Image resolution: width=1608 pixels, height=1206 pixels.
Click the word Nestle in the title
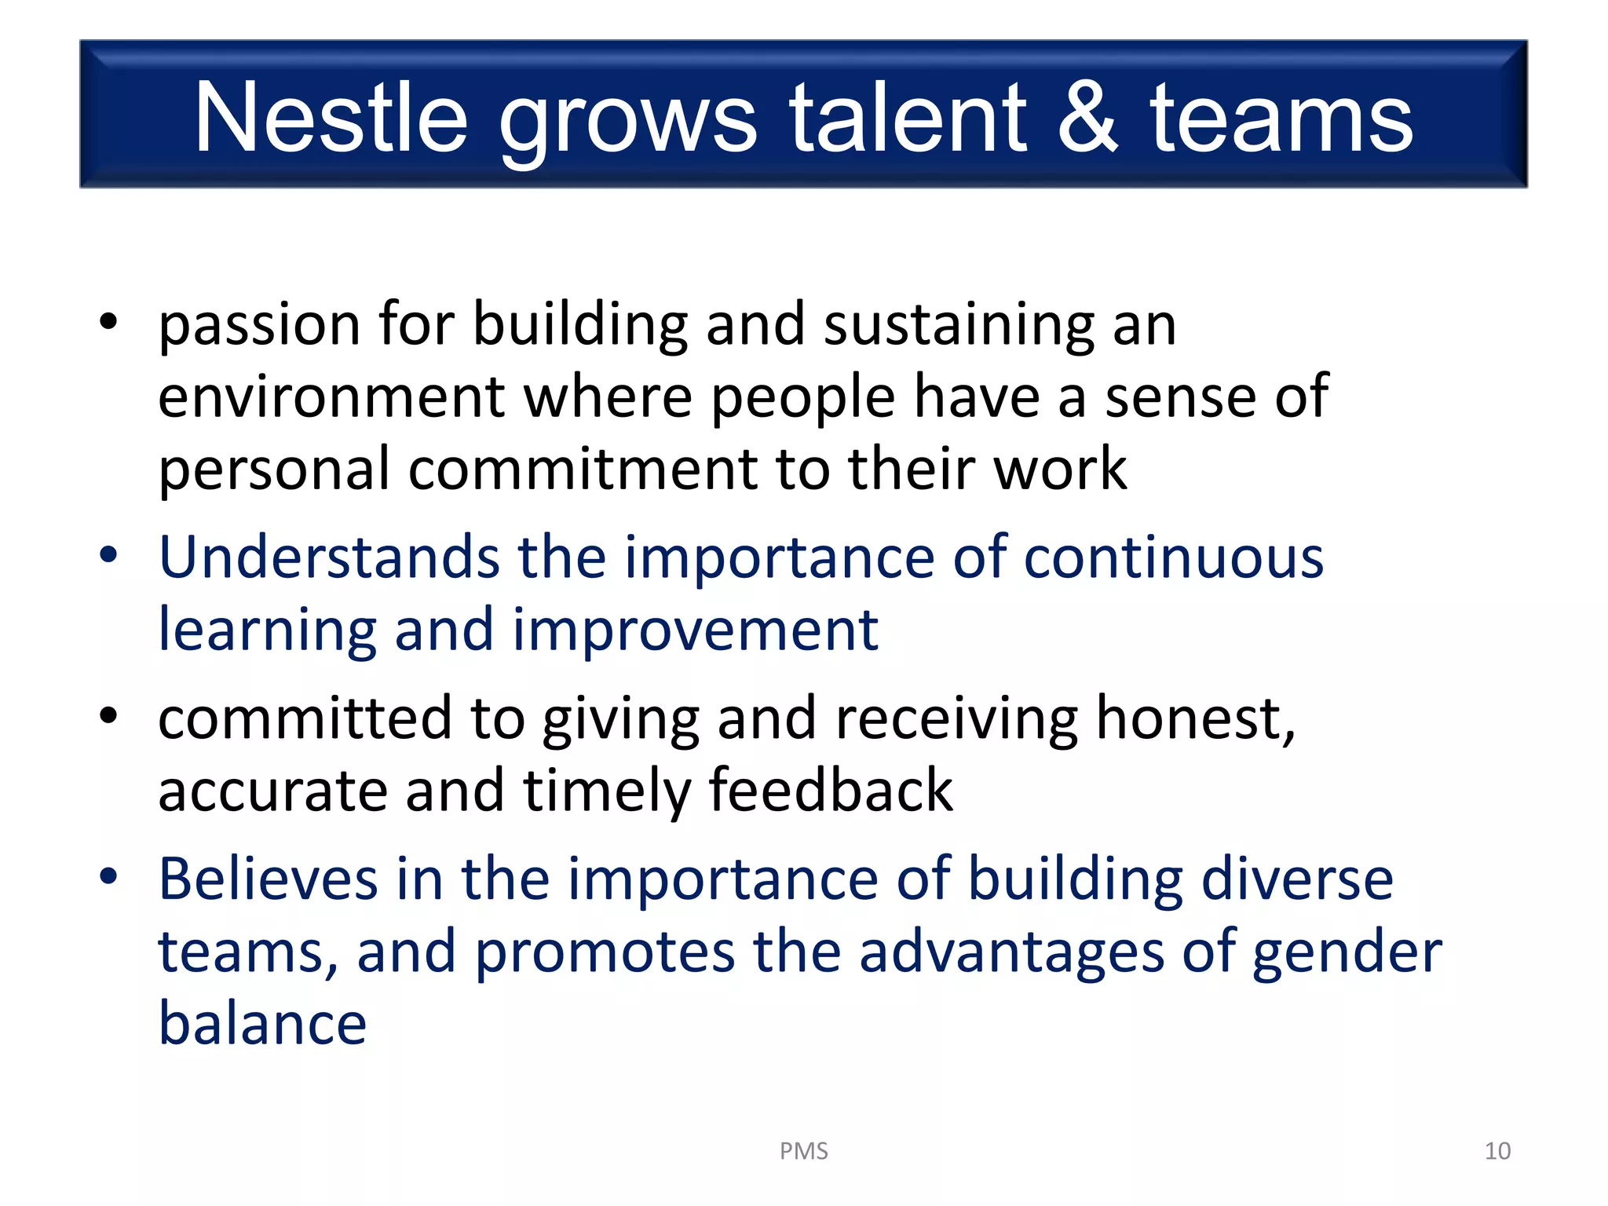(331, 118)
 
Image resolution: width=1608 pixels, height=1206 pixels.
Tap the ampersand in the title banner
(1087, 118)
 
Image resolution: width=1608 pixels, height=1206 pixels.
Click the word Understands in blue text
(329, 557)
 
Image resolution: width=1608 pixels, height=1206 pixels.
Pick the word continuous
(1174, 557)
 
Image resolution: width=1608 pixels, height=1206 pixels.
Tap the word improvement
(695, 630)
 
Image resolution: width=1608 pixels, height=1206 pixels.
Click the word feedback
(831, 791)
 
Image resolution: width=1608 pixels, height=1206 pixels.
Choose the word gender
(1347, 952)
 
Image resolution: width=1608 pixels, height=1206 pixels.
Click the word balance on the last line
(262, 1024)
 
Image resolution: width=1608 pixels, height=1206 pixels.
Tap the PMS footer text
(803, 1151)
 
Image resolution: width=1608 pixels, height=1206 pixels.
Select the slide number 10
(1497, 1151)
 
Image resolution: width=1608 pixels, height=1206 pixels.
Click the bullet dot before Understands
(108, 555)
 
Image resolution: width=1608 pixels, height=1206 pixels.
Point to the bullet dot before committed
(108, 715)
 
